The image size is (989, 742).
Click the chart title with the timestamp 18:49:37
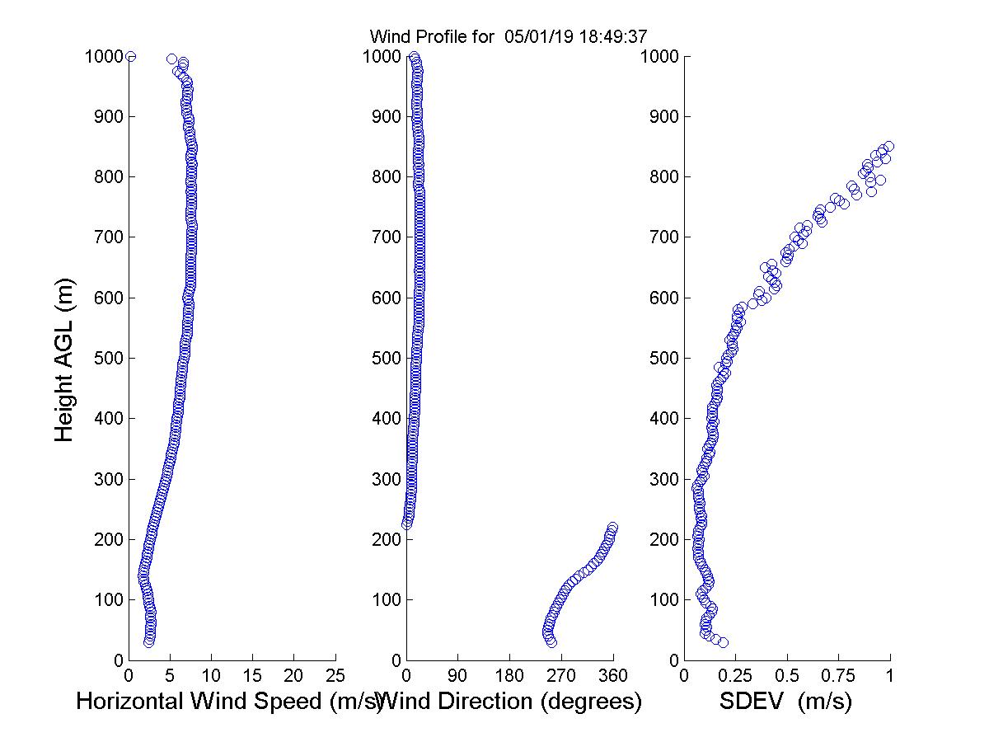click(509, 36)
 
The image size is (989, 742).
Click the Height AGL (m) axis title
click(64, 359)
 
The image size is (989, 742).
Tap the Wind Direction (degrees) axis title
click(513, 702)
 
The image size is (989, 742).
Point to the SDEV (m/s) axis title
click(785, 702)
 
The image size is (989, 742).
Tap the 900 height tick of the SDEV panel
click(663, 117)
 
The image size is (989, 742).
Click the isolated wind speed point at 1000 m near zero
click(130, 56)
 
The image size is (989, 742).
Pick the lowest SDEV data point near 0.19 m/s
click(723, 642)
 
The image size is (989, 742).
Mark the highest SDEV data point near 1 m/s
click(888, 147)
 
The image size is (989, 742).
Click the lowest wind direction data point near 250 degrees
click(551, 642)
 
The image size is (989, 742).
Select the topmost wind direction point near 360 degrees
click(612, 528)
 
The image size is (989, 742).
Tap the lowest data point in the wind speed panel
click(148, 642)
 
